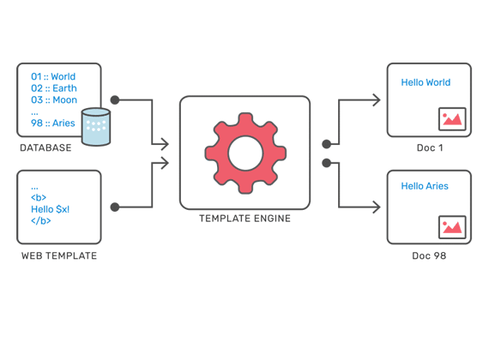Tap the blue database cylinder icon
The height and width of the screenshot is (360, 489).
pyautogui.click(x=96, y=127)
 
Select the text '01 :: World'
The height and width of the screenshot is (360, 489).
pyautogui.click(x=53, y=76)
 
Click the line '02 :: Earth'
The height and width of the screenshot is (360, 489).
pyautogui.click(x=54, y=88)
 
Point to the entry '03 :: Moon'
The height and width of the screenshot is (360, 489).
pyautogui.click(x=54, y=100)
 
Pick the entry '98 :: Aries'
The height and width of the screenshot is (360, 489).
pyautogui.click(x=52, y=123)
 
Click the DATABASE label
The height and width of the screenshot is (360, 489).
pyautogui.click(x=45, y=147)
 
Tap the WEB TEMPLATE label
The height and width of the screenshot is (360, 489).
pyautogui.click(x=59, y=256)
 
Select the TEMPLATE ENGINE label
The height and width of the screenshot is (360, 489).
pyautogui.click(x=244, y=219)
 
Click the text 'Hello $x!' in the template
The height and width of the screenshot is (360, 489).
pyautogui.click(x=51, y=209)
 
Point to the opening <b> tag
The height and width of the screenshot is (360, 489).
pyautogui.click(x=39, y=198)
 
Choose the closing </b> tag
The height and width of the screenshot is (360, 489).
pyautogui.click(x=41, y=221)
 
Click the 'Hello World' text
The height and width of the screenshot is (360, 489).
pyautogui.click(x=426, y=82)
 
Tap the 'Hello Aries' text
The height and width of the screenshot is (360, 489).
pyautogui.click(x=425, y=186)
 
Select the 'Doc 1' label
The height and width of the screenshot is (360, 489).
pyautogui.click(x=430, y=147)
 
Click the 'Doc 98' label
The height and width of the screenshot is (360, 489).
pyautogui.click(x=429, y=256)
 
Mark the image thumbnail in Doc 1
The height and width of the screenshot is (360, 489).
pyautogui.click(x=452, y=119)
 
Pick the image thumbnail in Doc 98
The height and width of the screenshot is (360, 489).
pyautogui.click(x=452, y=227)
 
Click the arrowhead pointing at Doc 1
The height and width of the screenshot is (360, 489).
pyautogui.click(x=377, y=100)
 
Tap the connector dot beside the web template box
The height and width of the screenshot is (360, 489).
pyautogui.click(x=115, y=207)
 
